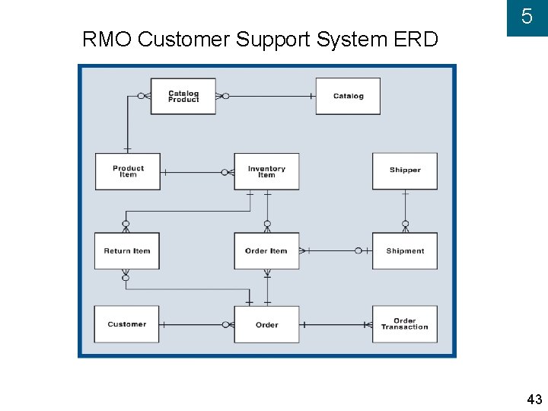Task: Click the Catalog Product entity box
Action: pos(183,96)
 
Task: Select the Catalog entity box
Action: pos(348,96)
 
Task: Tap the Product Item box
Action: pos(128,171)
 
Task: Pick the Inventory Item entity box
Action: pos(266,171)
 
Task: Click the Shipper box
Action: pos(405,171)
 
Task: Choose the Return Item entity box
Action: pos(127,251)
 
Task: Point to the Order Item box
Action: pos(266,251)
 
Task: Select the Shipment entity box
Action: pos(405,251)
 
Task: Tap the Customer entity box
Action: pos(126,324)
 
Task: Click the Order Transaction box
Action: pos(405,324)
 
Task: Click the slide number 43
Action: pos(534,399)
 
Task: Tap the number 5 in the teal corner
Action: pos(527,17)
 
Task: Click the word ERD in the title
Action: pos(416,39)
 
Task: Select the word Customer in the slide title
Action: pos(184,39)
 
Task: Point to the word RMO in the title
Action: pos(107,39)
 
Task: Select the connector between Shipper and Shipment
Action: pos(406,211)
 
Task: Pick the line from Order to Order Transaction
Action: pos(336,325)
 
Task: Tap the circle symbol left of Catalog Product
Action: pos(141,96)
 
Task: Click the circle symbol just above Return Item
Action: pos(126,224)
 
